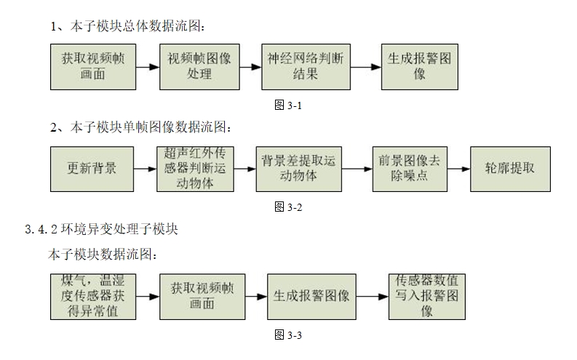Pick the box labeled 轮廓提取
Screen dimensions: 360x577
click(509, 168)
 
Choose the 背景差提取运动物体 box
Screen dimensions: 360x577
click(298, 168)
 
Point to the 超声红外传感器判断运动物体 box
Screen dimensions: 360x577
click(195, 169)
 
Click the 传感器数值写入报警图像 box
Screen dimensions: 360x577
click(427, 296)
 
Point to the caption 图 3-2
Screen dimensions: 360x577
click(287, 207)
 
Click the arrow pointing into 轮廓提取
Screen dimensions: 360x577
click(455, 169)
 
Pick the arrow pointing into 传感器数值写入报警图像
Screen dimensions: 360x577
click(372, 297)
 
